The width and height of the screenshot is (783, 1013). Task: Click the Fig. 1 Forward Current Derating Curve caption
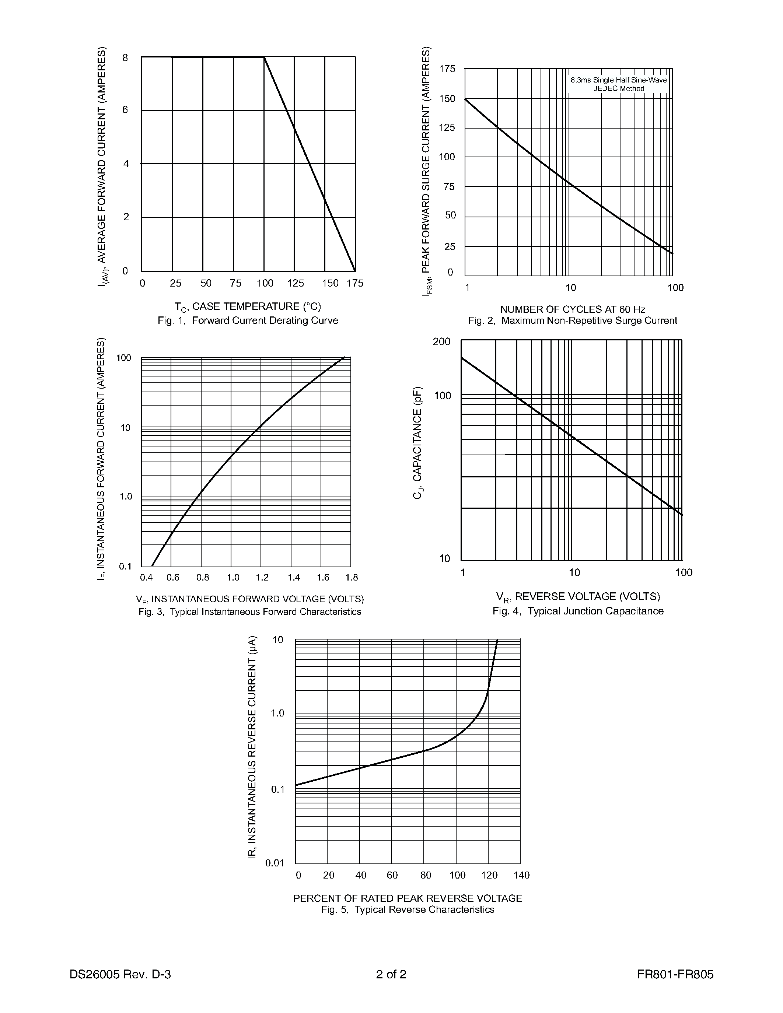pyautogui.click(x=248, y=320)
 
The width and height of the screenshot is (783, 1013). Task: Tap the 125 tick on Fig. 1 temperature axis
pyautogui.click(x=296, y=283)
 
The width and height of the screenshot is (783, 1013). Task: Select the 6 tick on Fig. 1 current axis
pyautogui.click(x=125, y=110)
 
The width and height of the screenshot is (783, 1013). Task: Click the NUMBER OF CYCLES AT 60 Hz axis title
pyautogui.click(x=572, y=309)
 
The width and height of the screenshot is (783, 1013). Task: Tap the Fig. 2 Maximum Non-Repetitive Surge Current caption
pyautogui.click(x=572, y=320)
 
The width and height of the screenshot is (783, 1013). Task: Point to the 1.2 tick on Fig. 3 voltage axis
pyautogui.click(x=262, y=578)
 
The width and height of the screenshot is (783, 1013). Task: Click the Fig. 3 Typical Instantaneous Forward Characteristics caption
pyautogui.click(x=249, y=612)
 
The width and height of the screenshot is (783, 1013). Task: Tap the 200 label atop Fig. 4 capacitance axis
pyautogui.click(x=441, y=342)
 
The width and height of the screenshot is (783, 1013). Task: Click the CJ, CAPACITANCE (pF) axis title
pyautogui.click(x=417, y=442)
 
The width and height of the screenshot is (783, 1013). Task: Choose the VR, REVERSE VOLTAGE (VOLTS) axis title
pyautogui.click(x=578, y=596)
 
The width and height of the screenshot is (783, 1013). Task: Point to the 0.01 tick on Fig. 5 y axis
pyautogui.click(x=275, y=863)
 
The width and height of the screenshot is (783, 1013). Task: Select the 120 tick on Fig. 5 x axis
pyautogui.click(x=489, y=875)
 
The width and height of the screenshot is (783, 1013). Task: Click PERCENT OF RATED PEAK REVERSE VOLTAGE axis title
pyautogui.click(x=407, y=898)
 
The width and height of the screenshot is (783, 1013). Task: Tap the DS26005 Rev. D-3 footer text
pyautogui.click(x=120, y=974)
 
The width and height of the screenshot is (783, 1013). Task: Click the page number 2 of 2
pyautogui.click(x=391, y=974)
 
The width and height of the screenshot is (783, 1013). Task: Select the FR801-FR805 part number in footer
pyautogui.click(x=675, y=974)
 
